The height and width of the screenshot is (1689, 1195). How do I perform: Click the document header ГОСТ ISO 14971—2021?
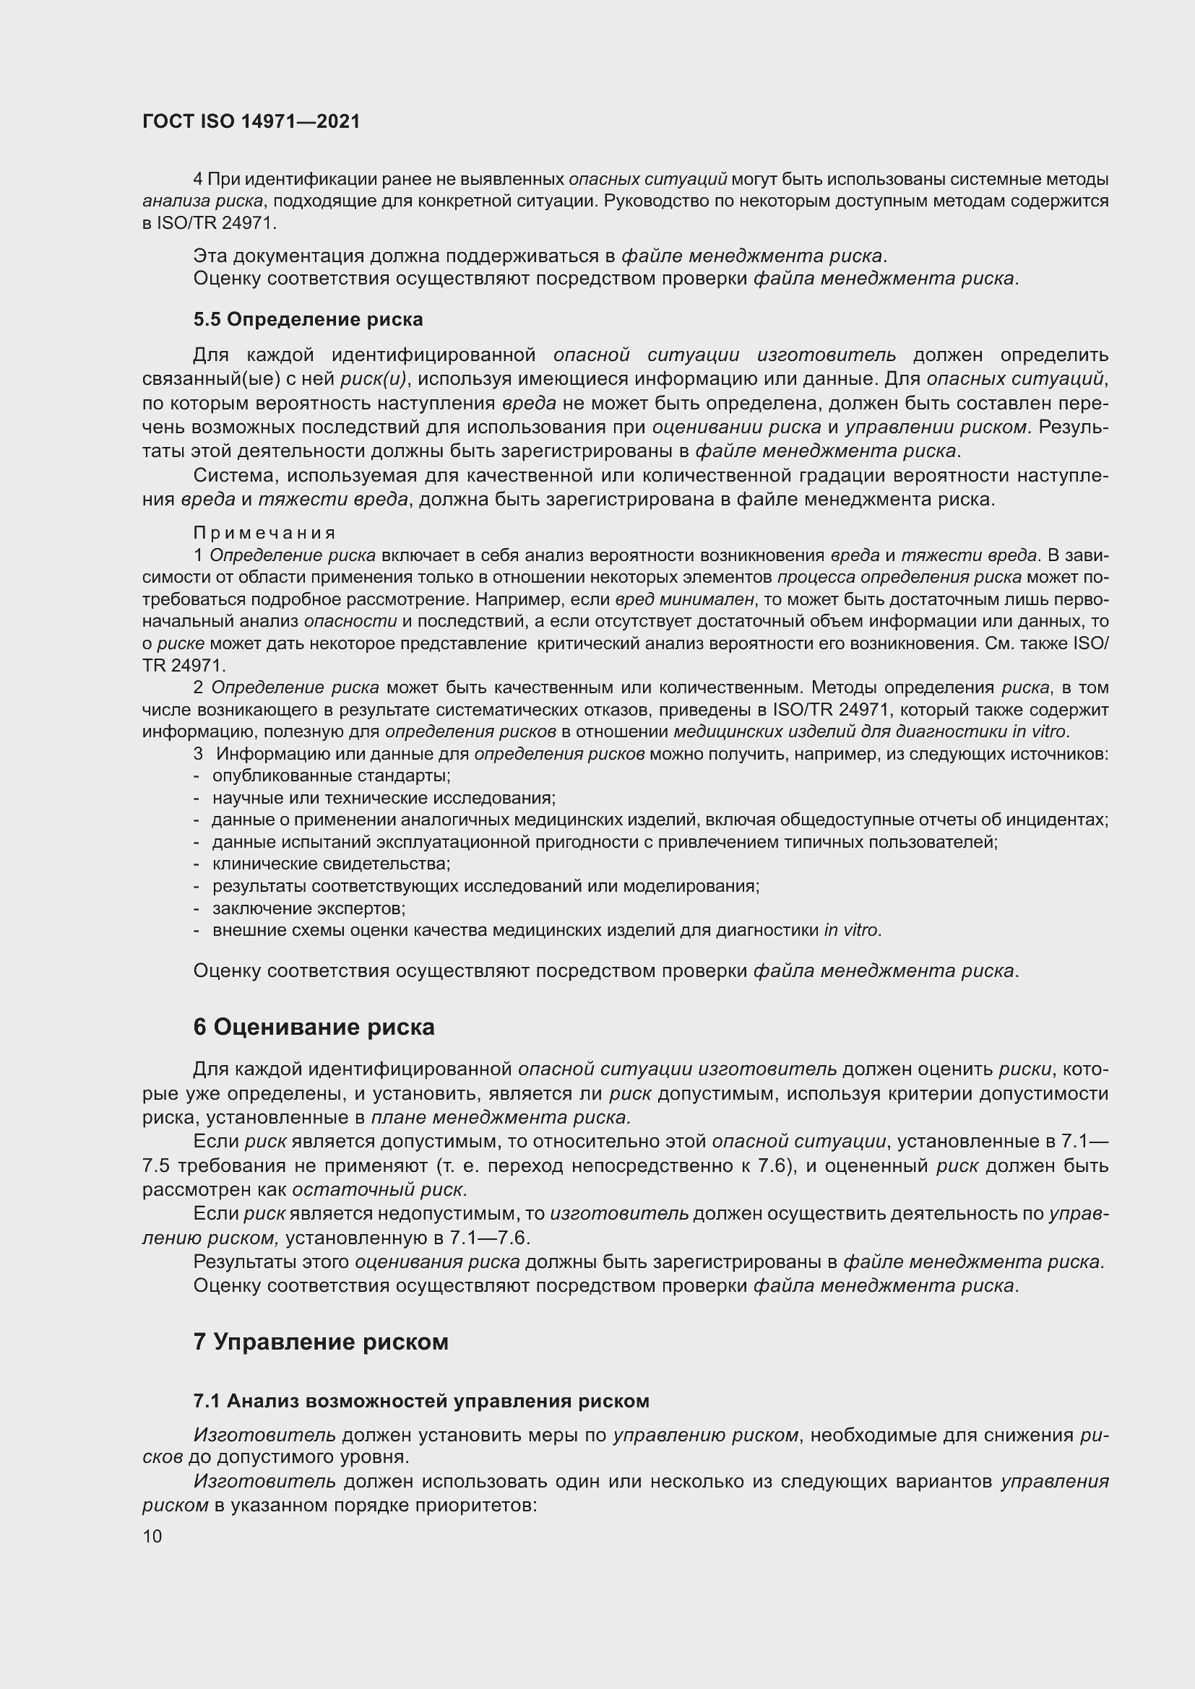[x=251, y=121]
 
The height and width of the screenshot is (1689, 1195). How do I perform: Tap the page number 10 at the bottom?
[x=152, y=1536]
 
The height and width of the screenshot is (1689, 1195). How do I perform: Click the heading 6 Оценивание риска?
[x=314, y=1027]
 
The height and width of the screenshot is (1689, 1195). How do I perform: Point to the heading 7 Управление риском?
[x=321, y=1342]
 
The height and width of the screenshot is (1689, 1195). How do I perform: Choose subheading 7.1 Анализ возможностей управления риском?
[x=421, y=1402]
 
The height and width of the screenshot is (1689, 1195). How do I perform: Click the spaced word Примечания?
[x=265, y=533]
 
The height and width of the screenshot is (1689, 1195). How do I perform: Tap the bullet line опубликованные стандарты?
[x=331, y=776]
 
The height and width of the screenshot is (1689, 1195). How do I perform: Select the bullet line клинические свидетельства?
[x=331, y=864]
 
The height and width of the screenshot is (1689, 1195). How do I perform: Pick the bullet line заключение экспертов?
[x=309, y=908]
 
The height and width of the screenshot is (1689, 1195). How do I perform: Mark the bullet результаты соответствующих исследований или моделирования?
[x=486, y=886]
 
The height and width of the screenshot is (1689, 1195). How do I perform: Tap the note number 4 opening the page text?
[x=198, y=179]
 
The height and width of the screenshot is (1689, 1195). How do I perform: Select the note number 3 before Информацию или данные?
[x=198, y=754]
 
